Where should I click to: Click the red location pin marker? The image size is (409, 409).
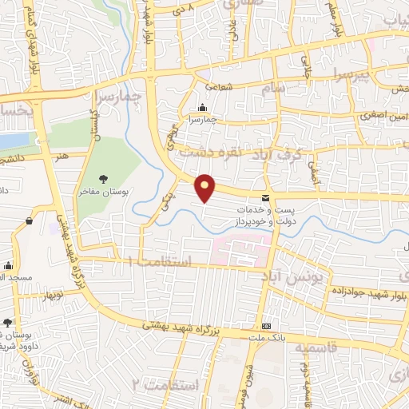click(205, 188)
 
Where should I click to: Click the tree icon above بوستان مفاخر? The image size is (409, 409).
click(102, 178)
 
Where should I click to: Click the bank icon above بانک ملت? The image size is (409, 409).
click(267, 326)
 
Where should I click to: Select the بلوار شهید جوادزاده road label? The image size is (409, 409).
click(365, 293)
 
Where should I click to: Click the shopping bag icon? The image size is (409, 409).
click(29, 220)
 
